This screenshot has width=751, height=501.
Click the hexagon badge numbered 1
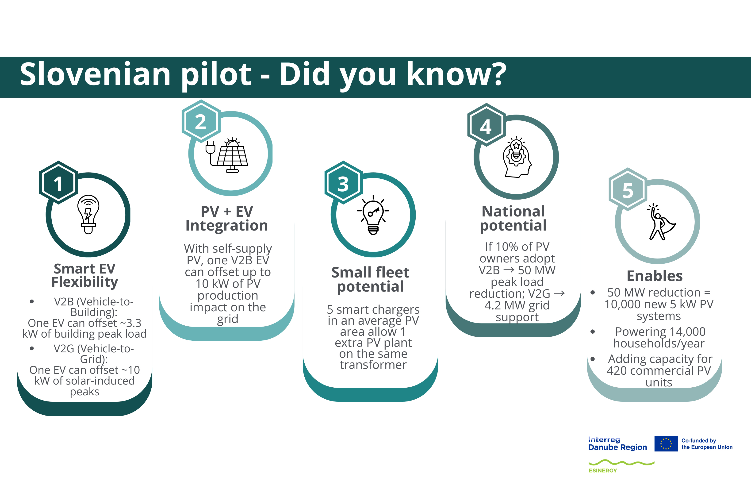tap(58, 182)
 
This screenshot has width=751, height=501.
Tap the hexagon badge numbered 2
tap(201, 121)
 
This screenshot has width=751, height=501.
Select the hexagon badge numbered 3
tap(344, 182)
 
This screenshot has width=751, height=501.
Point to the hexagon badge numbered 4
tap(486, 125)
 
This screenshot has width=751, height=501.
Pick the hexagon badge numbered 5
tap(628, 189)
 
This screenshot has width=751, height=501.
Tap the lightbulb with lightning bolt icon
tap(88, 214)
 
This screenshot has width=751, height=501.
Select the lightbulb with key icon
tap(373, 215)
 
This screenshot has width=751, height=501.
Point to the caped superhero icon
tap(661, 222)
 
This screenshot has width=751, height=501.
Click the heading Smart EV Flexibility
tap(85, 275)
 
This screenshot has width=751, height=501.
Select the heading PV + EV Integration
tap(227, 219)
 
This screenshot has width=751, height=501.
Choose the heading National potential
tap(513, 219)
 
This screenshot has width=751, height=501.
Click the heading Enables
tap(655, 276)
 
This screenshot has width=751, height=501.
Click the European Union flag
tap(666, 443)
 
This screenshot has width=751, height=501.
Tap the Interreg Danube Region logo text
tap(617, 443)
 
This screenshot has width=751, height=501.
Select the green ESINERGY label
tap(603, 470)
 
